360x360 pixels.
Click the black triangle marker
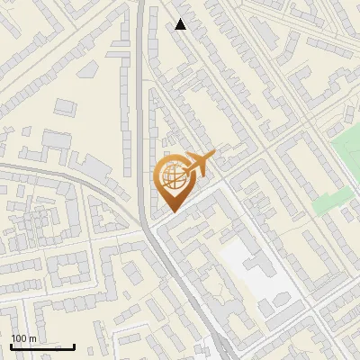tap(181, 24)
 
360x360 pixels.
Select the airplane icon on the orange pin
tap(196, 164)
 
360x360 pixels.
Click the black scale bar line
tap(42, 346)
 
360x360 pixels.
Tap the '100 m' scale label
tap(23, 338)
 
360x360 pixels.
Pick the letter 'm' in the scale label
tap(32, 338)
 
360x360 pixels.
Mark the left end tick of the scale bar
tap(11, 345)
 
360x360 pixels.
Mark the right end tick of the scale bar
tap(74, 345)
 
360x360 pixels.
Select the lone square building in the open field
tap(64, 106)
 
